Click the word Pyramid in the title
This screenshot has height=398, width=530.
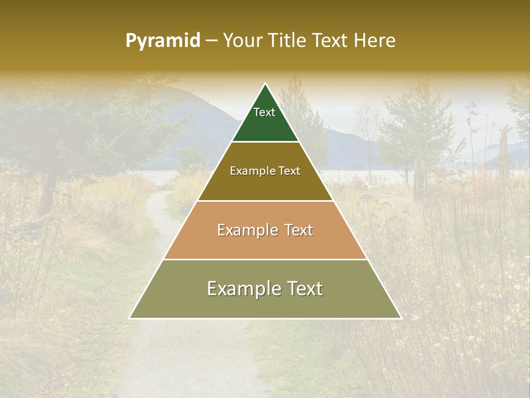pyautogui.click(x=163, y=40)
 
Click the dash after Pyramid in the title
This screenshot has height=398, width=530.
pyautogui.click(x=211, y=41)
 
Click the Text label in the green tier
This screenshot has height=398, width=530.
pyautogui.click(x=264, y=112)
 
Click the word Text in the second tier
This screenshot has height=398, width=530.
pyautogui.click(x=289, y=171)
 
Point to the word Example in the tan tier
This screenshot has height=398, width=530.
pyautogui.click(x=246, y=230)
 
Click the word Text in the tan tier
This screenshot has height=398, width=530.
pyautogui.click(x=299, y=230)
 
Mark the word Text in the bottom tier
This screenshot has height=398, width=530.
pyautogui.click(x=304, y=289)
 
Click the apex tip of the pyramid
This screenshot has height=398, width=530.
pyautogui.click(x=266, y=85)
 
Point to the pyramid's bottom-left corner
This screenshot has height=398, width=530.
pyautogui.click(x=130, y=318)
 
